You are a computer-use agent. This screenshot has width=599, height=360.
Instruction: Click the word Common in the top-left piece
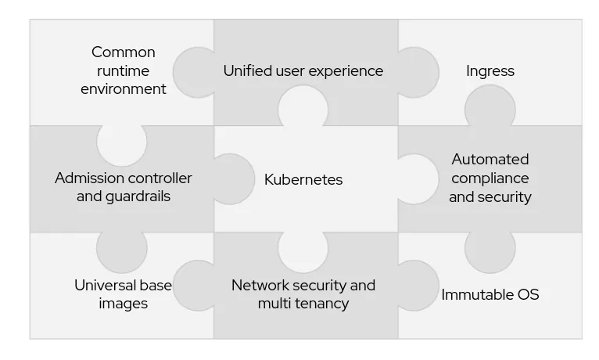(124, 52)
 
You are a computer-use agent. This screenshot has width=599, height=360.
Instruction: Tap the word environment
(124, 89)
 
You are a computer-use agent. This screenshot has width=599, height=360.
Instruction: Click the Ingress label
(490, 71)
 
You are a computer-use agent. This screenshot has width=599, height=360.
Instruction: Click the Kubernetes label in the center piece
(303, 179)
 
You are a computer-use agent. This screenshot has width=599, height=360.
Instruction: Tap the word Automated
(490, 160)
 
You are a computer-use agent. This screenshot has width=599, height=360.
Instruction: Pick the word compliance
(490, 178)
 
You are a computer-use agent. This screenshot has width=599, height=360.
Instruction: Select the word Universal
(107, 286)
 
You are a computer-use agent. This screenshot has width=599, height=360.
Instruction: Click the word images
(124, 304)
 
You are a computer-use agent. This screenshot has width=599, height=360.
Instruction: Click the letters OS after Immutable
(528, 295)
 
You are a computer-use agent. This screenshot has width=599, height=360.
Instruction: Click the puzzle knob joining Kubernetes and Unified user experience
(303, 106)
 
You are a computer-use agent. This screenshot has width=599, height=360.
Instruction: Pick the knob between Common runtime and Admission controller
(122, 142)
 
